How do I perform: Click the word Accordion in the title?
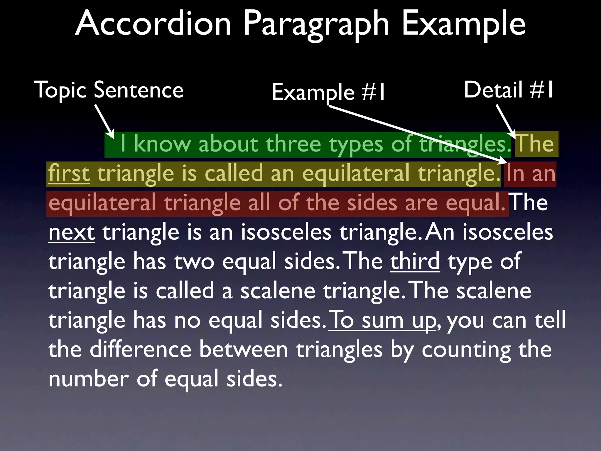tap(153, 23)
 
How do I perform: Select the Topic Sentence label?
tap(109, 90)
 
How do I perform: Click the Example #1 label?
tap(328, 92)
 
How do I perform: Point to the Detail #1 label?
tap(508, 90)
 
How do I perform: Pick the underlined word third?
tap(415, 261)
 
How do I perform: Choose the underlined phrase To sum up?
tap(382, 320)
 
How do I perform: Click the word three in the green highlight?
tap(293, 144)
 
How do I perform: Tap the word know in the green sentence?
tap(162, 144)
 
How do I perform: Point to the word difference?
tap(141, 350)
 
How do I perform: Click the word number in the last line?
tap(89, 379)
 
